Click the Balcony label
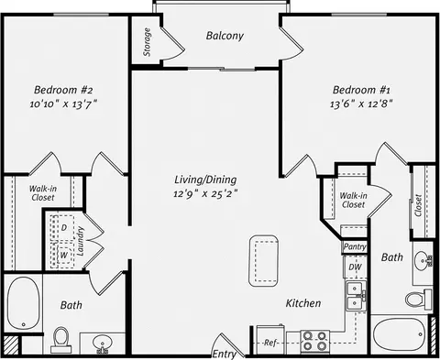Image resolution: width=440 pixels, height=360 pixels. (225, 36)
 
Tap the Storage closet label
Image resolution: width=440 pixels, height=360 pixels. (147, 42)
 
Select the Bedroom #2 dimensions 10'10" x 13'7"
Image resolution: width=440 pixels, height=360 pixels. (63, 104)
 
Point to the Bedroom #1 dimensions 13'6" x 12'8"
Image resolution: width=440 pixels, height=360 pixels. (361, 104)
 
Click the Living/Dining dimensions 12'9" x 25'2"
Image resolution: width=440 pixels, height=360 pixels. (205, 193)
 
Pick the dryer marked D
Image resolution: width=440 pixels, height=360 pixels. (63, 228)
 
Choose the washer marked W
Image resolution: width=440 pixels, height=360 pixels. (63, 255)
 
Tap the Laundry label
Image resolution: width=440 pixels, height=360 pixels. (81, 241)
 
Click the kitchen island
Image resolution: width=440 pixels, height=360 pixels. (263, 261)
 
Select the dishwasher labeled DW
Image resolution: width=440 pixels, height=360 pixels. (355, 267)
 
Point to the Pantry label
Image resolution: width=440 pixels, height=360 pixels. (355, 246)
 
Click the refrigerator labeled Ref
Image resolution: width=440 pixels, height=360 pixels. (270, 342)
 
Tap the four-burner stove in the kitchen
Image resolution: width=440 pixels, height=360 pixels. (314, 341)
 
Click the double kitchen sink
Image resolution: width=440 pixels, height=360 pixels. (356, 295)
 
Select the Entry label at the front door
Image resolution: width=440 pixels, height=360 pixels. (224, 355)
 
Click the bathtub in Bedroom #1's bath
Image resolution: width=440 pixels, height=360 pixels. (401, 334)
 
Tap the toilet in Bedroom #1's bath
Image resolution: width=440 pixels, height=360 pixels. (419, 299)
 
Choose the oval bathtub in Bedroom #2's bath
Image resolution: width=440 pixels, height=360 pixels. (23, 303)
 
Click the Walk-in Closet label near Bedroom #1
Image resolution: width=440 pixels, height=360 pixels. (353, 200)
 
